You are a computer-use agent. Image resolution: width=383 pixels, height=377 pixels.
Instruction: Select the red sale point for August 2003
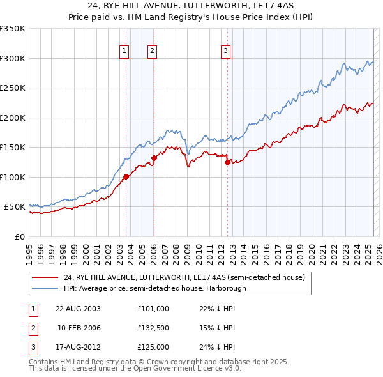click(x=126, y=177)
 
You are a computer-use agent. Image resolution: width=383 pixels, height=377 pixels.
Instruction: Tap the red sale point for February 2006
click(x=154, y=158)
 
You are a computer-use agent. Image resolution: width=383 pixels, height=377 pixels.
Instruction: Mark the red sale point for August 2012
click(x=227, y=162)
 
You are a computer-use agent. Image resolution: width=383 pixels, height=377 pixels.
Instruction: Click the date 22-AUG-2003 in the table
click(x=79, y=309)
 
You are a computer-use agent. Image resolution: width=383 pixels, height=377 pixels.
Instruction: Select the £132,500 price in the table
click(x=153, y=328)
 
